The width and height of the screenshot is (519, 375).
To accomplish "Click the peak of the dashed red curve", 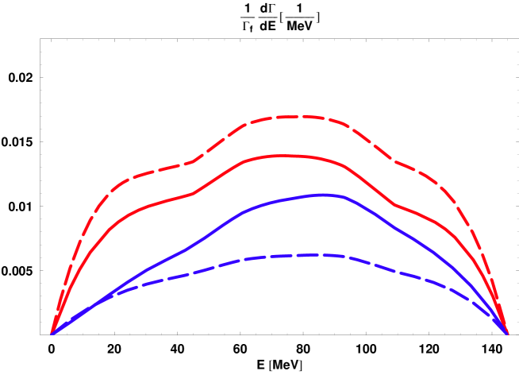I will click(x=298, y=117).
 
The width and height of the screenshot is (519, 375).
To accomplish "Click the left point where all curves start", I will click(x=52, y=334).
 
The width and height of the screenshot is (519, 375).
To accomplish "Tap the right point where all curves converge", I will click(x=508, y=334).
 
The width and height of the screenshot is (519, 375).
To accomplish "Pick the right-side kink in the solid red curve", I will click(x=397, y=205).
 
